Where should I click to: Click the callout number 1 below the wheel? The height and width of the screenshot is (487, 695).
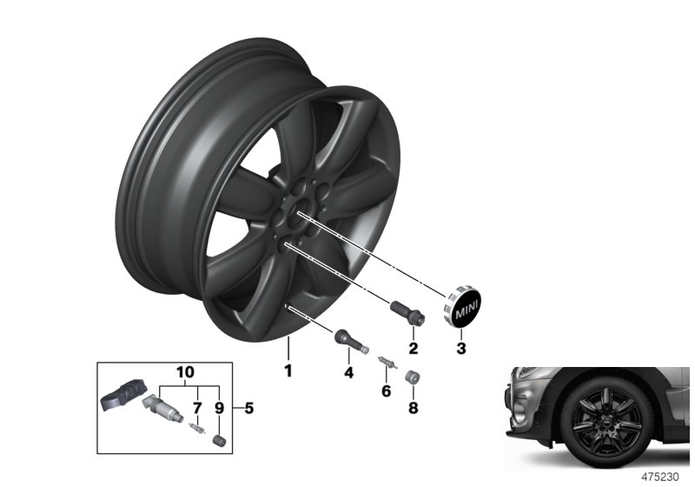288,371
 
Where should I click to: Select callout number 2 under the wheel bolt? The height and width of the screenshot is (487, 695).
413,349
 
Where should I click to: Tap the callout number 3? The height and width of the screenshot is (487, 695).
461,349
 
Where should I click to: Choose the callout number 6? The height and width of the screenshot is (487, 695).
387,392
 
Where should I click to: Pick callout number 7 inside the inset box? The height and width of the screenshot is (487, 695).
196,406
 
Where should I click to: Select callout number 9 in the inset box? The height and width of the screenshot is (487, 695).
218,406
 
